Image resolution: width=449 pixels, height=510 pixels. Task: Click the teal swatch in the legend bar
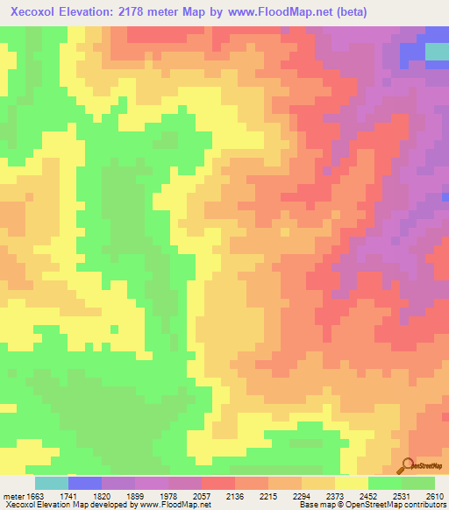coord(51,483)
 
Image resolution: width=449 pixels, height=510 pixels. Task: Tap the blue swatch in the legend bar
coord(84,483)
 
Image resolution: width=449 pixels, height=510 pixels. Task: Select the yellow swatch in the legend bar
coord(351,483)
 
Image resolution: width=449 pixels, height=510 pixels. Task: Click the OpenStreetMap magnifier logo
coord(407,466)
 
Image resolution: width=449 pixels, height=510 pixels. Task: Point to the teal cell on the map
coord(437,52)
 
